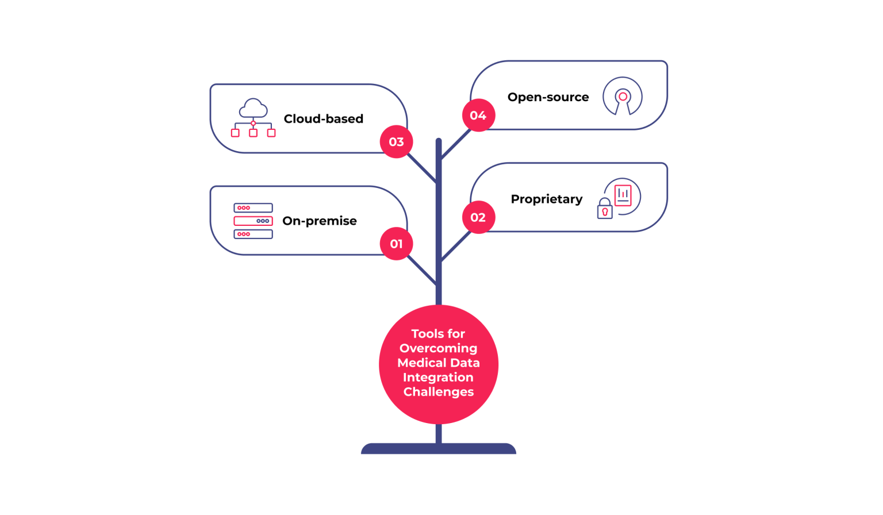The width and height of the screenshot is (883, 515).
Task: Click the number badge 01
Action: pyautogui.click(x=396, y=244)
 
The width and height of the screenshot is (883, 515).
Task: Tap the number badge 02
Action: pyautogui.click(x=478, y=217)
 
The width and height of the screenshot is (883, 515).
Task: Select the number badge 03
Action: pyautogui.click(x=396, y=141)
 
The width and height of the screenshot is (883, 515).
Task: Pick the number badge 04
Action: pyautogui.click(x=478, y=116)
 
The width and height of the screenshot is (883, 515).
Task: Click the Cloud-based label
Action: pyautogui.click(x=323, y=119)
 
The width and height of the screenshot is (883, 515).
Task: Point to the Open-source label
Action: pyautogui.click(x=548, y=97)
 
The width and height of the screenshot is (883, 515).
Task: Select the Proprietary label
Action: pyautogui.click(x=546, y=199)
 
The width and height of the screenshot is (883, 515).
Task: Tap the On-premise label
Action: pyautogui.click(x=319, y=221)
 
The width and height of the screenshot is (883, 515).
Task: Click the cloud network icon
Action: pyautogui.click(x=253, y=118)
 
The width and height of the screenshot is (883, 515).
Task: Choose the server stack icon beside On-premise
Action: pyautogui.click(x=253, y=221)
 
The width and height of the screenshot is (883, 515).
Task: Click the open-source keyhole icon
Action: pyautogui.click(x=622, y=97)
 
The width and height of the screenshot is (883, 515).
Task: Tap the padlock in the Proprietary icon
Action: pyautogui.click(x=605, y=210)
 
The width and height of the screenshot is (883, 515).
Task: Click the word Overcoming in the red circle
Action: pyautogui.click(x=438, y=348)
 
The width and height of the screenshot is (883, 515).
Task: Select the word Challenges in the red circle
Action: pyautogui.click(x=438, y=392)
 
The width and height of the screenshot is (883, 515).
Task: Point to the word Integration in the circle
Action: pyautogui.click(x=438, y=378)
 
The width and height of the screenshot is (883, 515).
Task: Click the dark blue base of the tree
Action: pyautogui.click(x=438, y=448)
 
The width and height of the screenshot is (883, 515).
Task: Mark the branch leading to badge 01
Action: pyautogui.click(x=421, y=270)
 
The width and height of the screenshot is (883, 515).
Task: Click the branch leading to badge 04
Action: pyautogui.click(x=455, y=144)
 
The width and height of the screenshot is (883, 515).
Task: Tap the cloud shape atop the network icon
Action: pyautogui.click(x=253, y=107)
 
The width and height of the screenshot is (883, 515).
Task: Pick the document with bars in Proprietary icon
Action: pyautogui.click(x=623, y=195)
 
